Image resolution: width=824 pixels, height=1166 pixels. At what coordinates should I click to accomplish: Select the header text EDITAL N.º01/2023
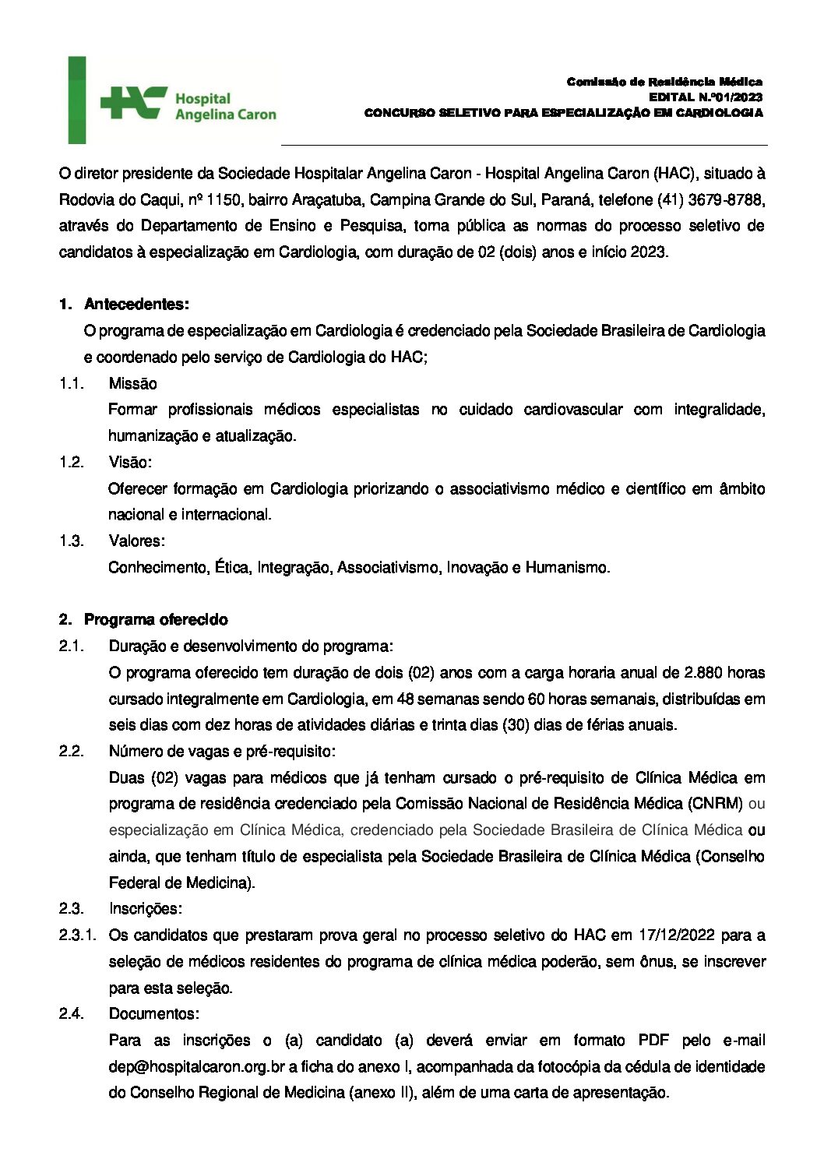[706, 97]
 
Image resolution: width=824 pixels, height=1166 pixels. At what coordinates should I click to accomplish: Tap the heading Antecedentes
[136, 304]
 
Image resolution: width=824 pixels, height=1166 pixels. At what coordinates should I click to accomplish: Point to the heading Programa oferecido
[156, 620]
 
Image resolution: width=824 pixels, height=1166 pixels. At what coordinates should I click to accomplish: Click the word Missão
[132, 383]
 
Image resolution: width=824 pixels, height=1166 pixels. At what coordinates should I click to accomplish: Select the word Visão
[130, 462]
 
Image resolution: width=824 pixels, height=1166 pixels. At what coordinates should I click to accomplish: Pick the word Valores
[136, 541]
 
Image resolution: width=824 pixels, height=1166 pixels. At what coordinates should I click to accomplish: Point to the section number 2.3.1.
[77, 935]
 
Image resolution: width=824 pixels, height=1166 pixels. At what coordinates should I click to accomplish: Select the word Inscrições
[145, 908]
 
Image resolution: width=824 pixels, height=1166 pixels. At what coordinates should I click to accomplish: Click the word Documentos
[153, 1013]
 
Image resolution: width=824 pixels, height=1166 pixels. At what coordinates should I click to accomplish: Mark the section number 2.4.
[71, 1013]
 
